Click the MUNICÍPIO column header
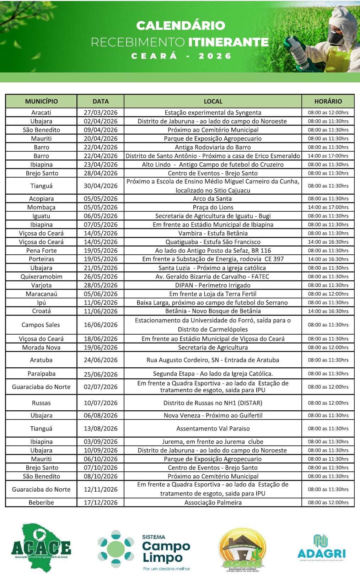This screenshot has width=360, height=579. coord(41,101)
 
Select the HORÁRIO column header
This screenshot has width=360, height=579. coord(328,101)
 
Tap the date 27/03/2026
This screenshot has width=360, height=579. coord(101,113)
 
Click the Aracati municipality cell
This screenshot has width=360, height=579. coord(41,113)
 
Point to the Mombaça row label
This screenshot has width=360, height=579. coord(41,207)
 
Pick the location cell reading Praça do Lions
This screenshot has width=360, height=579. coord(213,207)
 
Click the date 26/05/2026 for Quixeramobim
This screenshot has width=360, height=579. coord(101,277)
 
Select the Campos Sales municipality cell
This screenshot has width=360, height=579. coord(41,325)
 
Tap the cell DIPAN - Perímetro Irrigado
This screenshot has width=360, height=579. coord(213,285)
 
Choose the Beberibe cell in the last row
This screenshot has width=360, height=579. coord(41,503)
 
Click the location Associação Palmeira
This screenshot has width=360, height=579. coord(213,503)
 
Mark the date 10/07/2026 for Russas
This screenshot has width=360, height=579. coord(101,403)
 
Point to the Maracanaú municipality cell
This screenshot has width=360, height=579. coord(41,294)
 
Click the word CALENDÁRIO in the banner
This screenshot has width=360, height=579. coord(181,26)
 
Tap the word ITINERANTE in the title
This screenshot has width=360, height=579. coord(228,42)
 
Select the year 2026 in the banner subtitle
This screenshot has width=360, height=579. coord(215,56)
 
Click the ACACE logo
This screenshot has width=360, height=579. coord(41,547)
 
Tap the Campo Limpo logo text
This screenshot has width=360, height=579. coord(166,552)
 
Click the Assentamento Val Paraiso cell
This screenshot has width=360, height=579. coord(213,429)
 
